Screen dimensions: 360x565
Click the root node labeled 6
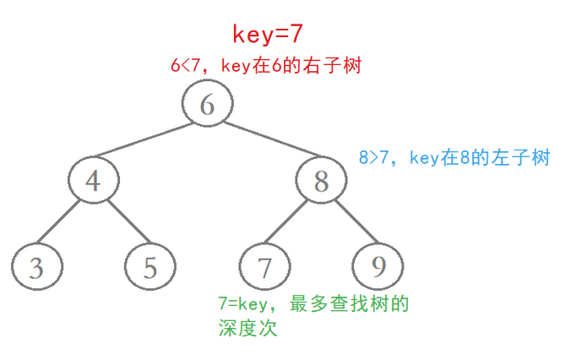pyautogui.click(x=207, y=104)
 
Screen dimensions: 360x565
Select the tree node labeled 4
pyautogui.click(x=93, y=180)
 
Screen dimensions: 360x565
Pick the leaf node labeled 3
pyautogui.click(x=36, y=267)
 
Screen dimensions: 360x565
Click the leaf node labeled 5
pyautogui.click(x=149, y=267)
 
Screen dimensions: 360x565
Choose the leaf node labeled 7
pyautogui.click(x=264, y=267)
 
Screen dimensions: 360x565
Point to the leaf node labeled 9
pyautogui.click(x=378, y=267)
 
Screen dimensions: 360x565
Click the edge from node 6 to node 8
pyautogui.click(x=264, y=142)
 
